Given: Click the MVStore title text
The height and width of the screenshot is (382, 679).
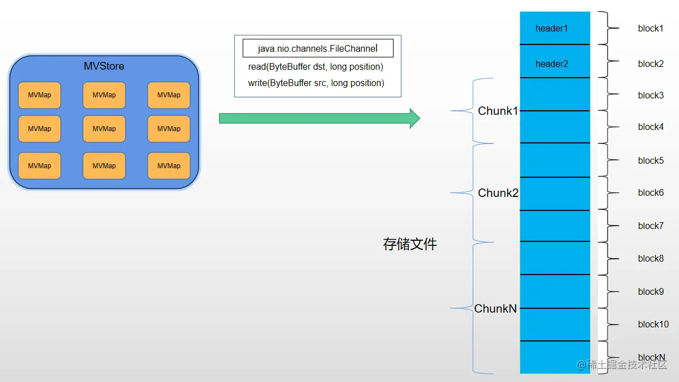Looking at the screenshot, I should (104, 66).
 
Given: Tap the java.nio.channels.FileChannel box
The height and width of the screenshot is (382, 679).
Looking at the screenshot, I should (318, 48).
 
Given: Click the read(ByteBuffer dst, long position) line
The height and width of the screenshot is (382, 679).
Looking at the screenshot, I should (315, 67).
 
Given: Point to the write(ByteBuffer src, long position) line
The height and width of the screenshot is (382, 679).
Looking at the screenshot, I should (316, 83).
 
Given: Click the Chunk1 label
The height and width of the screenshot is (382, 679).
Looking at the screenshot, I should (498, 111).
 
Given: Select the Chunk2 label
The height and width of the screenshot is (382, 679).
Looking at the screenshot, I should (498, 193).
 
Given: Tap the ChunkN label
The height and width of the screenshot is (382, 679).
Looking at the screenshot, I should (495, 308).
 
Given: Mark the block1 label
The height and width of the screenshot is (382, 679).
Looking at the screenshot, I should (651, 28).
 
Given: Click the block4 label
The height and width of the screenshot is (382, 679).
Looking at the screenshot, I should (651, 127).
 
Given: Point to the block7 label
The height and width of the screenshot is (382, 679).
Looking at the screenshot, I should (651, 226).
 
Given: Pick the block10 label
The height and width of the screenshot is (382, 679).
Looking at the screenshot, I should (653, 324).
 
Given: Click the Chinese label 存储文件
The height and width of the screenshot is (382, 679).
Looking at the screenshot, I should (410, 244).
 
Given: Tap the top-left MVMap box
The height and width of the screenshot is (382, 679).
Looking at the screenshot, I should (39, 95).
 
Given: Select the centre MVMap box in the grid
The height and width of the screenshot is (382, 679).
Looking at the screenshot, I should (104, 129).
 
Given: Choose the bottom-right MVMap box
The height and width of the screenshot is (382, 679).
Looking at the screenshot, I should (169, 166).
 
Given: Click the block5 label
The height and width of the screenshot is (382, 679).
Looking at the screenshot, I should (651, 161).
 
